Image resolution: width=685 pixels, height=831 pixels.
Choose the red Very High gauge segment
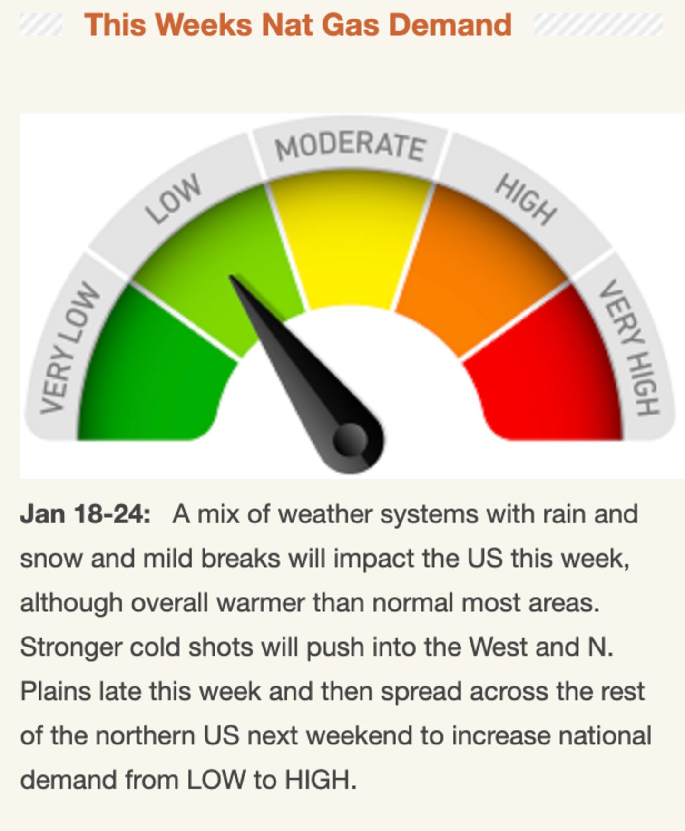[547, 376]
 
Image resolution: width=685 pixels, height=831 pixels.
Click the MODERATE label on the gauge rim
[351, 145]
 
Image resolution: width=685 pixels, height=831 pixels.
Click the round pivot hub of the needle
[351, 439]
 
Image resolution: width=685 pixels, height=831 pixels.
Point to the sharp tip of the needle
[231, 276]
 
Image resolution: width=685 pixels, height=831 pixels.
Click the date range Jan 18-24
[85, 514]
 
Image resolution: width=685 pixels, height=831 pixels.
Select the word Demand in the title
[450, 25]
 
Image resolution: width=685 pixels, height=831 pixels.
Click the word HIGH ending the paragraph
[320, 780]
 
